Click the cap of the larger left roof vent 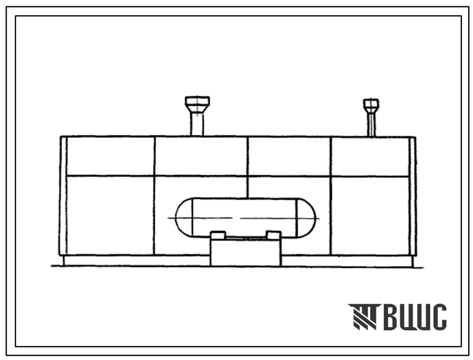(x=197, y=105)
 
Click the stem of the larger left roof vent (x=197, y=125)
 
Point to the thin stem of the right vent (x=371, y=125)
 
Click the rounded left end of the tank (x=184, y=218)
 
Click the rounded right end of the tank (x=306, y=218)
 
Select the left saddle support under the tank (x=218, y=235)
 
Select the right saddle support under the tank (x=274, y=235)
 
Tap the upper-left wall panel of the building (x=110, y=156)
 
